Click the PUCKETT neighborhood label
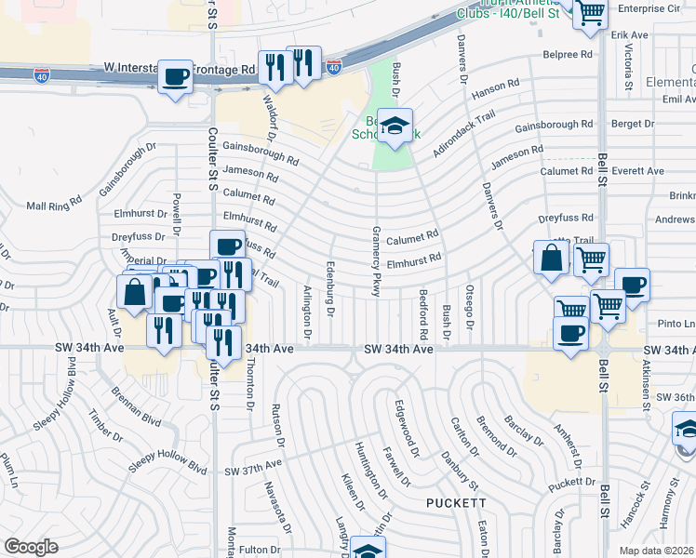[x=456, y=502]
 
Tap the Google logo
[x=31, y=546]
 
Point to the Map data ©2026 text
[x=657, y=551]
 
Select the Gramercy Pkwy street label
[x=376, y=260]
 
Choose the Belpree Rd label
[x=567, y=55]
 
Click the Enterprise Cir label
[x=651, y=7]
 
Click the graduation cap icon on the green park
[x=395, y=125]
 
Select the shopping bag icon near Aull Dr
[x=135, y=290]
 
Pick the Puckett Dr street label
[x=570, y=483]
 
